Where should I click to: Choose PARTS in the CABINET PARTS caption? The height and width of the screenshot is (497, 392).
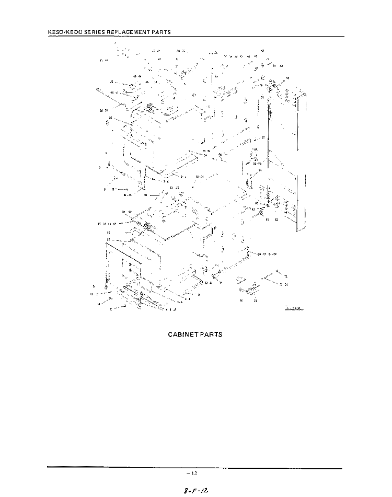213,334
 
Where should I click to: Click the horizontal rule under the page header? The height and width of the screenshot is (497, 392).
195,37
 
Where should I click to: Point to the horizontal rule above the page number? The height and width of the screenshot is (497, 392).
195,468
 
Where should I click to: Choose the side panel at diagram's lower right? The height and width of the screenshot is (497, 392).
288,201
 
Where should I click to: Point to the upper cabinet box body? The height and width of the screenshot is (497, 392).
172,141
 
